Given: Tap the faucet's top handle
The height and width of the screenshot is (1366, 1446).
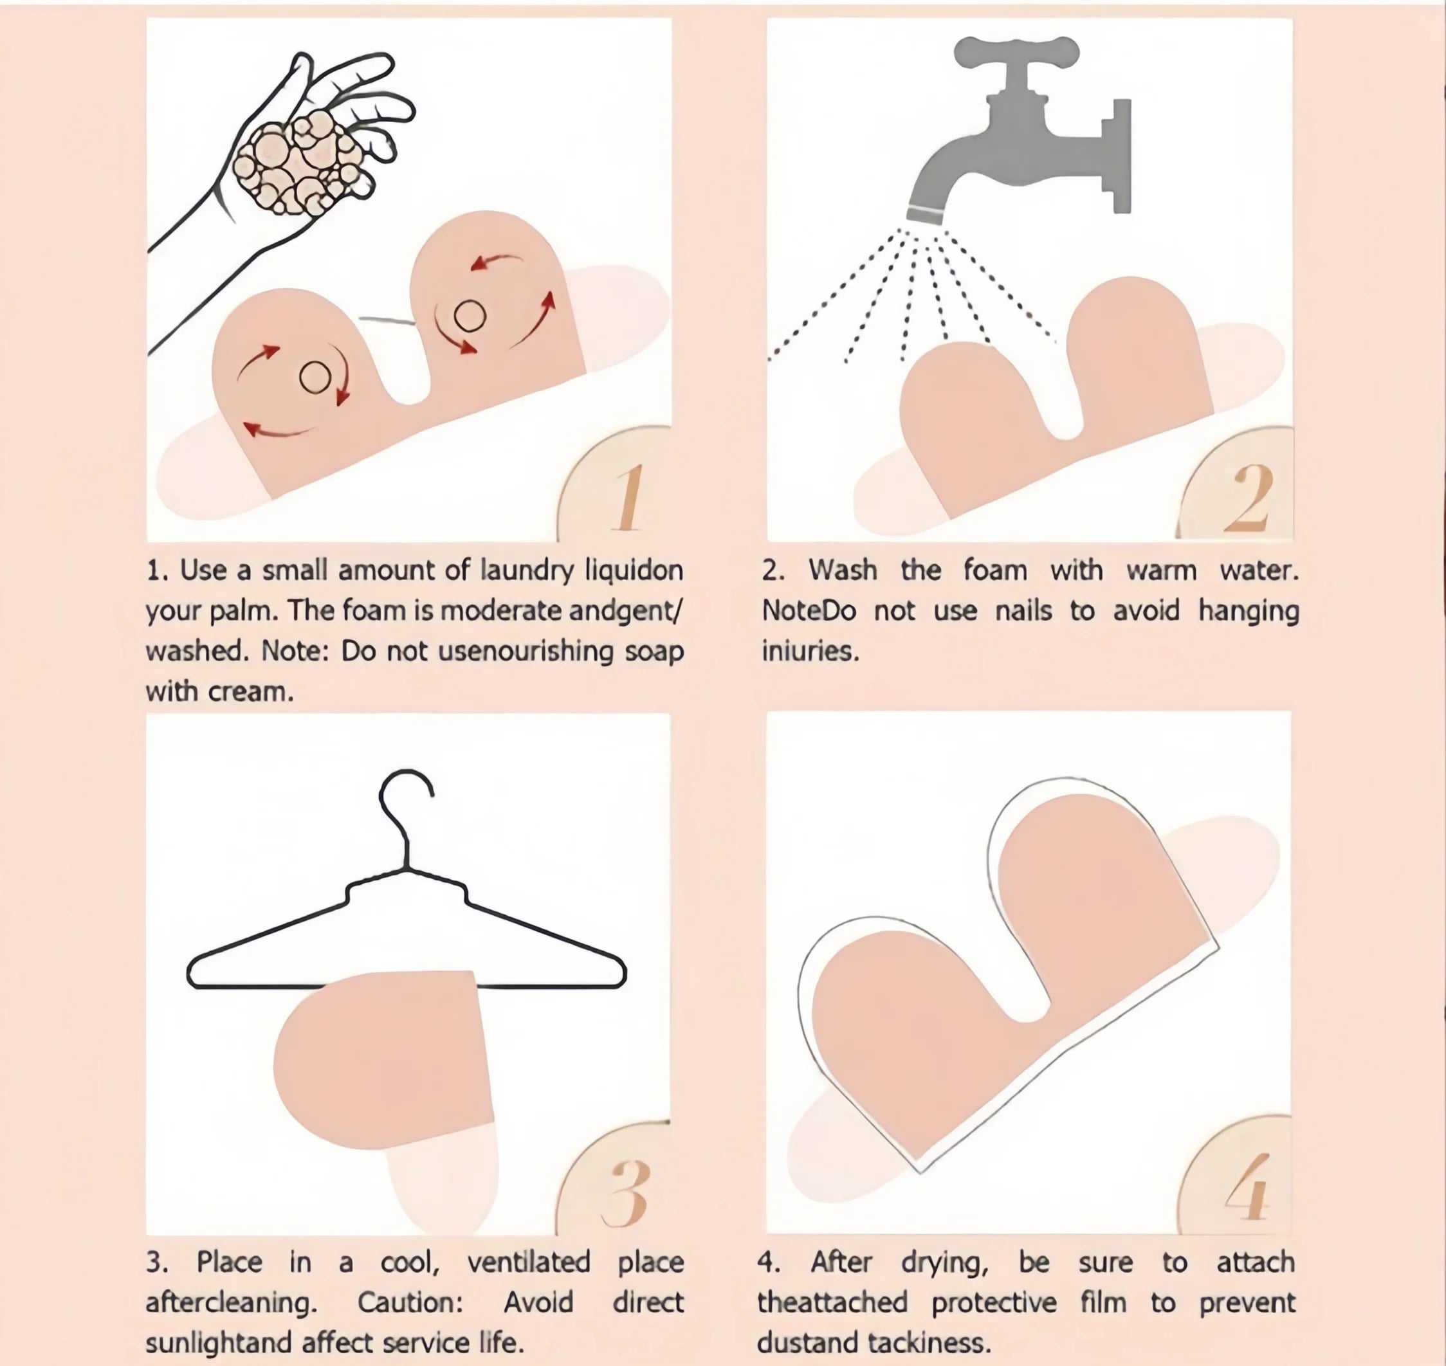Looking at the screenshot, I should click(x=1016, y=53).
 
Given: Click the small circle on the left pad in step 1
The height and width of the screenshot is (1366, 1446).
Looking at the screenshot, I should click(x=315, y=377).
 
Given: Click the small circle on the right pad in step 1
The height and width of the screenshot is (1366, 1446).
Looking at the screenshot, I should click(x=470, y=316).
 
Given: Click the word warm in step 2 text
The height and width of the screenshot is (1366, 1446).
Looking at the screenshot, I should click(x=1160, y=570).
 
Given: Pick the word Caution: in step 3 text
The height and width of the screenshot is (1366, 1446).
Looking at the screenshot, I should click(x=410, y=1302).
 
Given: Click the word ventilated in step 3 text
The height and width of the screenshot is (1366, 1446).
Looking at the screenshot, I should click(x=528, y=1262).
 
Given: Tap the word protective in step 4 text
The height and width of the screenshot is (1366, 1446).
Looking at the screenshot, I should click(x=993, y=1302).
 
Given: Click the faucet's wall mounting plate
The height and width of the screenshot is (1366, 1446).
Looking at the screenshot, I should click(x=1122, y=156).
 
